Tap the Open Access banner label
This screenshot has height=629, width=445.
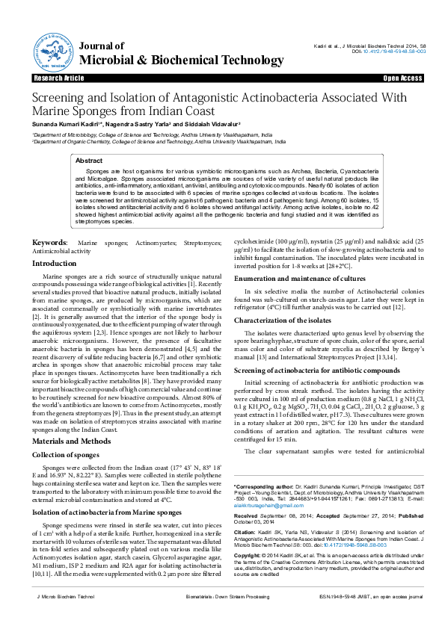coord(402,78)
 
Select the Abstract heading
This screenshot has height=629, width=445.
coord(90,161)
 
